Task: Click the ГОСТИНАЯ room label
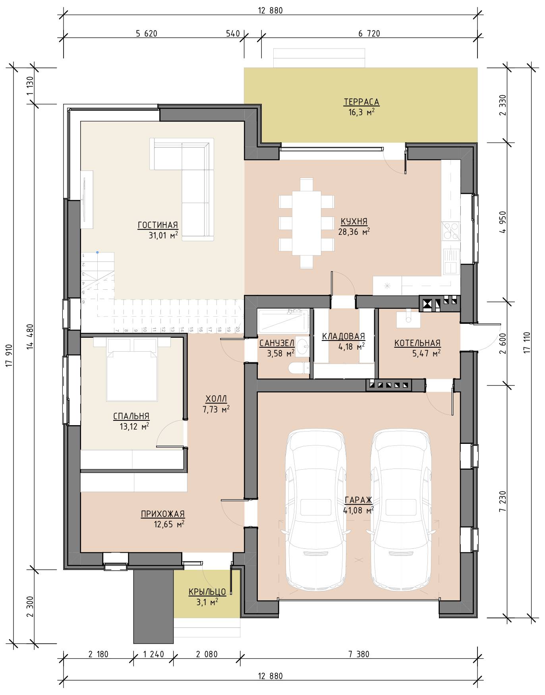tap(158, 225)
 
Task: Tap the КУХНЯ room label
tap(354, 221)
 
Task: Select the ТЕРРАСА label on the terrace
tap(361, 102)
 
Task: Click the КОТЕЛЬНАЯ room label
tap(417, 343)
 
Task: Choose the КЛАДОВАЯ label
tap(343, 337)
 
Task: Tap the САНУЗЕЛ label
tap(276, 343)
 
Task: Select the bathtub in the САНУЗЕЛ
tap(282, 322)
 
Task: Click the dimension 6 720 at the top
tap(369, 34)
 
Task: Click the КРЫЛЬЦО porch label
tap(207, 592)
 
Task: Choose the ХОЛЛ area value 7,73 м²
tap(216, 410)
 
